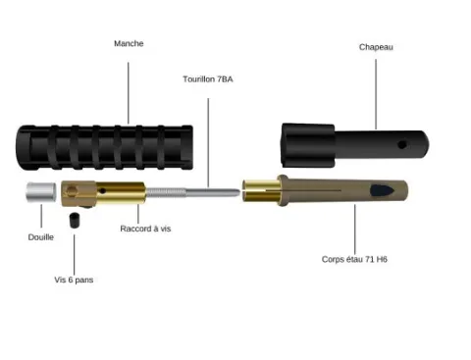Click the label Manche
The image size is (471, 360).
coord(129,43)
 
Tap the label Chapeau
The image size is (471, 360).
coord(376,47)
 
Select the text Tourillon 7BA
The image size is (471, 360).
coord(208,79)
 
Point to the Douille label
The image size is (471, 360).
coord(41,237)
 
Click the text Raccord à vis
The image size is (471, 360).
coord(145,229)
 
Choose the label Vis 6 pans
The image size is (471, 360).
coord(74,280)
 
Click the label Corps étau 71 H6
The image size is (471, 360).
coord(354,259)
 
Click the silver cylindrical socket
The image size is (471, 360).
coord(41,192)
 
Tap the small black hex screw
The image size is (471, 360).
coord(75,220)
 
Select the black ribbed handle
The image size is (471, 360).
coord(104,147)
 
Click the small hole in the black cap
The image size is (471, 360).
coord(402,144)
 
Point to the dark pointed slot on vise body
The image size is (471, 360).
coord(382,190)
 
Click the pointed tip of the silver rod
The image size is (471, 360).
coord(239,191)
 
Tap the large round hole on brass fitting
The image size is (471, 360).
coord(72,190)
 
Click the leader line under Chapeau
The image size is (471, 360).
coord(376,94)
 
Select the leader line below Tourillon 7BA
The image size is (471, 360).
coord(208,143)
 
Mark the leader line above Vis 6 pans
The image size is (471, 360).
coord(75,255)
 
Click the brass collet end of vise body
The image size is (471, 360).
coord(262,190)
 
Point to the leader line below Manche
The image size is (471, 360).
coord(129,93)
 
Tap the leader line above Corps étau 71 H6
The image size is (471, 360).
coord(355,229)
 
